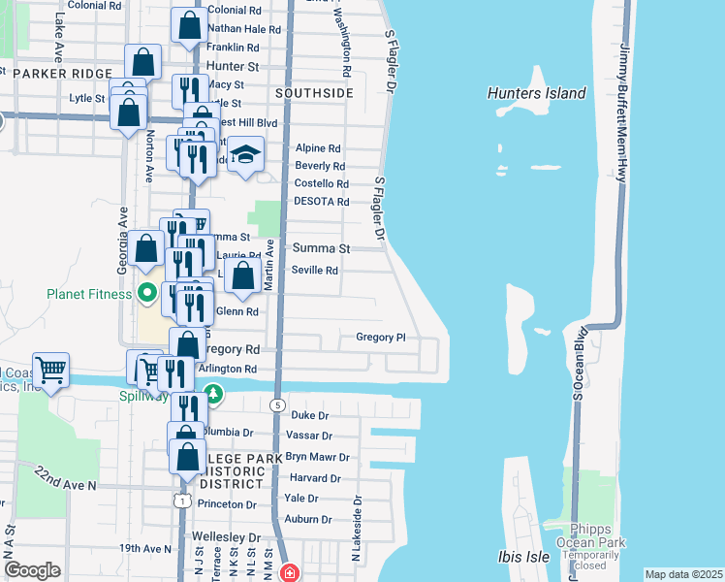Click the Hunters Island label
tap(537, 93)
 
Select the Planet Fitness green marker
tap(147, 291)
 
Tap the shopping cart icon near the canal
tap(50, 370)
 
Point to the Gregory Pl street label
tap(380, 338)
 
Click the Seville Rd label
tap(315, 271)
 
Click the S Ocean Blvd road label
tap(581, 364)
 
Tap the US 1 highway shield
tap(180, 501)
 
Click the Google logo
tap(32, 570)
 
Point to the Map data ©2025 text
tap(683, 574)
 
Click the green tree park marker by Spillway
tap(213, 395)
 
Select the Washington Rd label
tap(342, 44)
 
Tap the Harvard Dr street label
tap(315, 478)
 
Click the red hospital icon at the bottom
tap(288, 573)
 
